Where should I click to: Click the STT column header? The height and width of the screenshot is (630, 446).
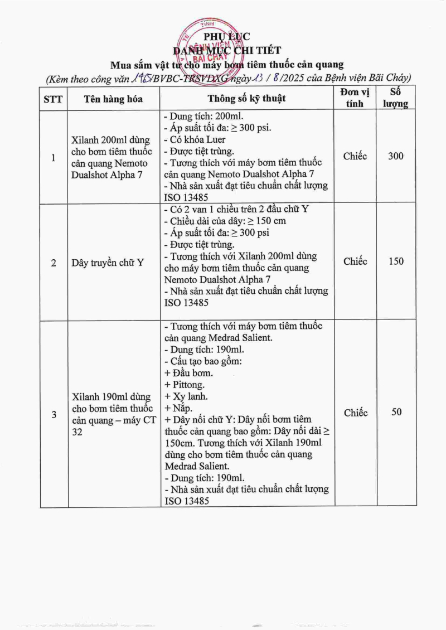54,99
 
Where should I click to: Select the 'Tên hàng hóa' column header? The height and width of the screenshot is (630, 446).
114,99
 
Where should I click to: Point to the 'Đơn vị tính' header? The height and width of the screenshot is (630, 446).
355,98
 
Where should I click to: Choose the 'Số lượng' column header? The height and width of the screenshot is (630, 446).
396,98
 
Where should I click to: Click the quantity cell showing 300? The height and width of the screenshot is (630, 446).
396,156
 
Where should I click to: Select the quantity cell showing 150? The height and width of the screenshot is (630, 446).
396,261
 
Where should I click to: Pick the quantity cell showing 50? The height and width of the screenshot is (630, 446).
396,413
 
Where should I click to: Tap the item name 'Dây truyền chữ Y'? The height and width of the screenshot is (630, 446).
108,262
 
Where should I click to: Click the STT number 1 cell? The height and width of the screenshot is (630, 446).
54,158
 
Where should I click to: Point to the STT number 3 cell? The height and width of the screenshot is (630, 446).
54,414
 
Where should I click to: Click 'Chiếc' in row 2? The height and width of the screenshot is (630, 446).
355,261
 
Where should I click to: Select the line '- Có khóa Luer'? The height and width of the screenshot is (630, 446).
194,139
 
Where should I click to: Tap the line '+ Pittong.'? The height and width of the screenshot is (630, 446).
185,385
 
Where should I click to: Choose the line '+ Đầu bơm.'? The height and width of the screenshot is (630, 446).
188,373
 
